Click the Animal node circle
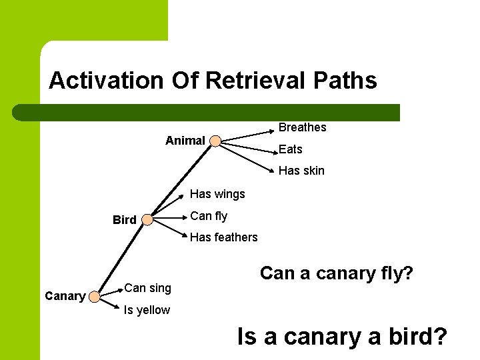click(x=215, y=141)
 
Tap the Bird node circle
click(x=148, y=219)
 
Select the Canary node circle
click(x=95, y=296)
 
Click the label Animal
click(x=185, y=141)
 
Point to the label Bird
click(x=124, y=220)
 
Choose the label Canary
click(x=65, y=296)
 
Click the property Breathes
click(x=302, y=127)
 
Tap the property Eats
click(x=290, y=149)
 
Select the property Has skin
click(x=301, y=171)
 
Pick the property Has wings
click(x=217, y=194)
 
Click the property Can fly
click(x=209, y=216)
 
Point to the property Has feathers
click(x=223, y=237)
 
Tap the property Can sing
click(x=147, y=288)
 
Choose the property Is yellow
click(x=147, y=310)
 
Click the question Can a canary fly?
click(x=337, y=273)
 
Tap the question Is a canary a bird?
click(x=342, y=337)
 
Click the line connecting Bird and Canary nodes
click(x=122, y=257)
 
